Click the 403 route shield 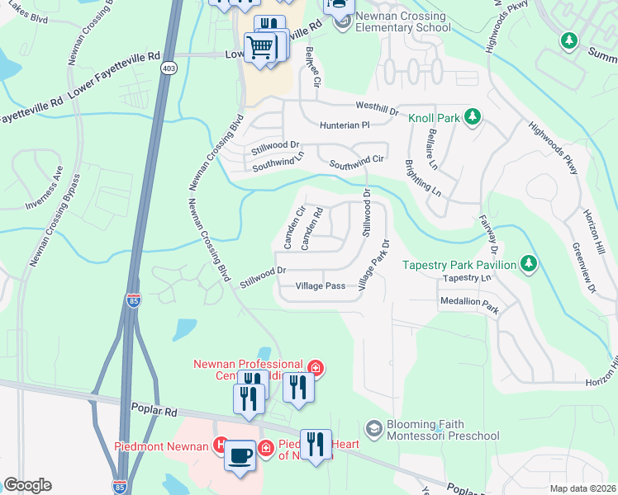click(x=169, y=68)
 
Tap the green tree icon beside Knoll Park click(x=472, y=117)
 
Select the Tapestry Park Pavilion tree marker click(x=529, y=264)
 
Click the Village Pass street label click(x=321, y=286)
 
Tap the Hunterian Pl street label click(x=344, y=125)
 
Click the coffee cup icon click(x=240, y=456)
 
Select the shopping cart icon click(x=259, y=47)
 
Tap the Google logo click(x=27, y=485)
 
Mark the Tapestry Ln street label click(x=467, y=279)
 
